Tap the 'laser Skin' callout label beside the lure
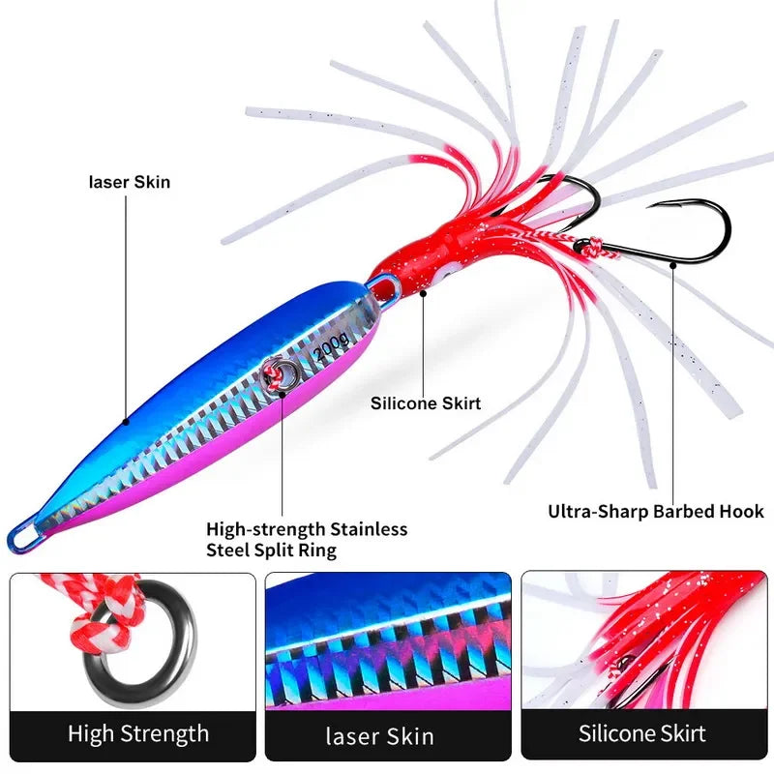(x=130, y=181)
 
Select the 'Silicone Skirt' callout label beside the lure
(x=426, y=403)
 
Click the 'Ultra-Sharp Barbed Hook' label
(x=656, y=511)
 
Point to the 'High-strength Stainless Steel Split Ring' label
(x=307, y=539)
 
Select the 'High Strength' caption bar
(x=138, y=733)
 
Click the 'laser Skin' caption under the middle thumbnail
(x=379, y=735)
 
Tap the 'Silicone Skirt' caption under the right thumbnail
(x=642, y=733)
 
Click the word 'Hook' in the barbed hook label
(x=739, y=511)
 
